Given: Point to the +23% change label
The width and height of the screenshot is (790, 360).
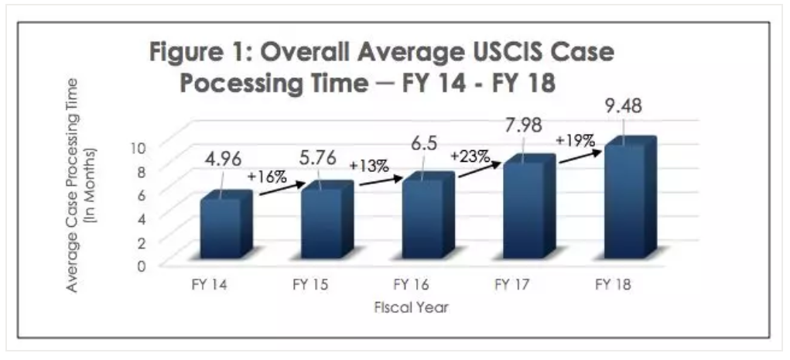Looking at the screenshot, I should tap(470, 156).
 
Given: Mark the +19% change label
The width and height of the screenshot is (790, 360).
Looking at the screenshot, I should tap(574, 141).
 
